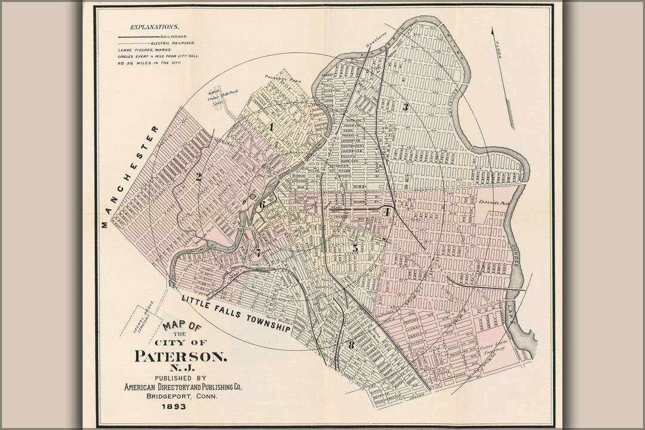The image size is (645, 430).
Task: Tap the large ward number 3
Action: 405,108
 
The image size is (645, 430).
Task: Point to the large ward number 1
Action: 271,127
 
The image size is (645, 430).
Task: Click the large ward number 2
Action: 198,177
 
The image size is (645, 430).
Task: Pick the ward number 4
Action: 387,211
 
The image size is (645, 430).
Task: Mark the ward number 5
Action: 355,248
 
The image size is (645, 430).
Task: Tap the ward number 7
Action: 257,253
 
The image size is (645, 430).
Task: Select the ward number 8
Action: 351,345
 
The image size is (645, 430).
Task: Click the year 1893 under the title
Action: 173,407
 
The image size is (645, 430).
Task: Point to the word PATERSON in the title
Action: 180,357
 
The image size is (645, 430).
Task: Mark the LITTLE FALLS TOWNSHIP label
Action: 236,313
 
